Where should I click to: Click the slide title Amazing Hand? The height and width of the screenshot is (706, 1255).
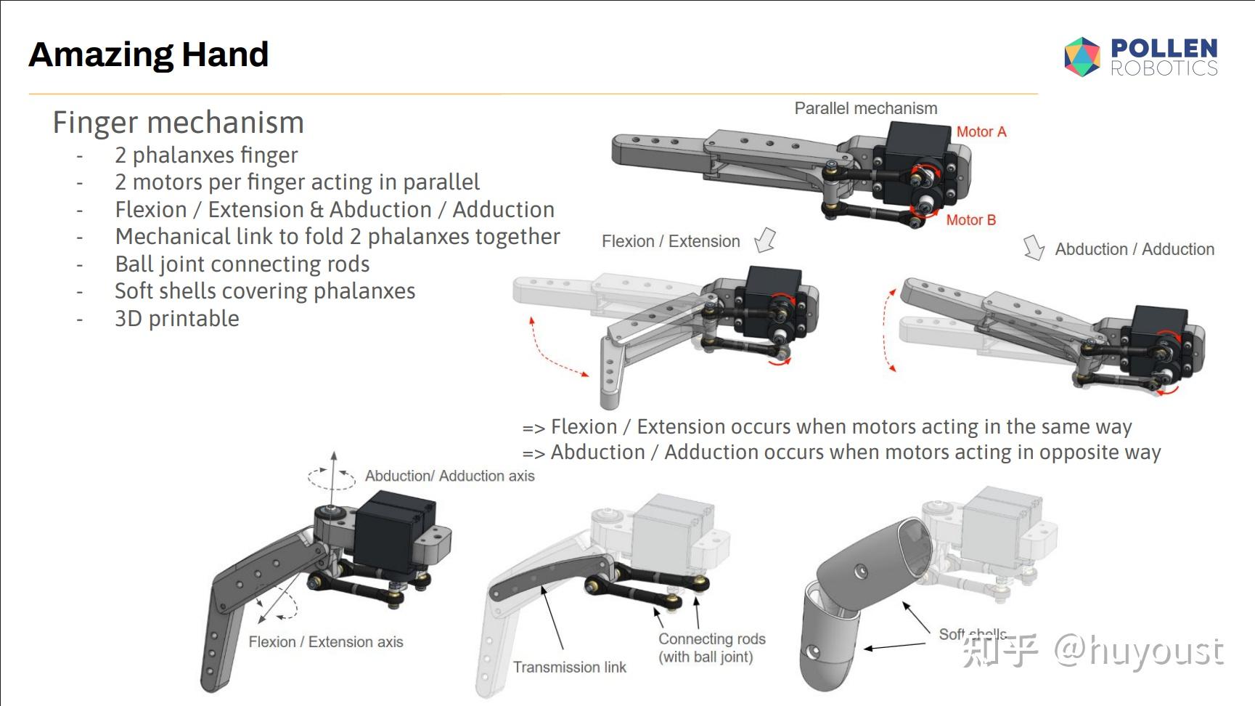pos(149,54)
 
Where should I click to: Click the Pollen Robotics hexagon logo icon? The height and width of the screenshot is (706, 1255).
pos(1082,57)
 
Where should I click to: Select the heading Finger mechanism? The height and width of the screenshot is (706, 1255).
pos(179,122)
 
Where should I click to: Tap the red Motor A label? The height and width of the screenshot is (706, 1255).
pos(981,131)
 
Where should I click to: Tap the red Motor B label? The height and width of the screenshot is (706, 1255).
pos(971,219)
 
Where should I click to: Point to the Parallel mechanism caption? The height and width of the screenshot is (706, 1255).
pos(866,108)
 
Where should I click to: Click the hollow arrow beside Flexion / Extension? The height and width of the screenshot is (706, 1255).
pos(765,240)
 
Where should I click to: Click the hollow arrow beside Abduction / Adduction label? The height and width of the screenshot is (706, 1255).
pos(1034,248)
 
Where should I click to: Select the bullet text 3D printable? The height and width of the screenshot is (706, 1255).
pos(177,318)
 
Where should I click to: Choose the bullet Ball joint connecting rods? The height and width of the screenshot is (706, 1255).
pos(242,264)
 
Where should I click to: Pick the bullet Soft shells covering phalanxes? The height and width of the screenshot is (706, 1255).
pos(265,291)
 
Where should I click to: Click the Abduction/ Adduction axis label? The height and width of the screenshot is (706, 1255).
pos(450,476)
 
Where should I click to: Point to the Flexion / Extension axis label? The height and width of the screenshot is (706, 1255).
pos(326,642)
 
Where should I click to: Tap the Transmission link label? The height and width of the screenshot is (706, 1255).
pos(570,667)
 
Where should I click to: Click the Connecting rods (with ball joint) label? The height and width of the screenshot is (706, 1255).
pos(712,648)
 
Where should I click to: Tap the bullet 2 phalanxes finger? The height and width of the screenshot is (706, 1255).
pos(206,155)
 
